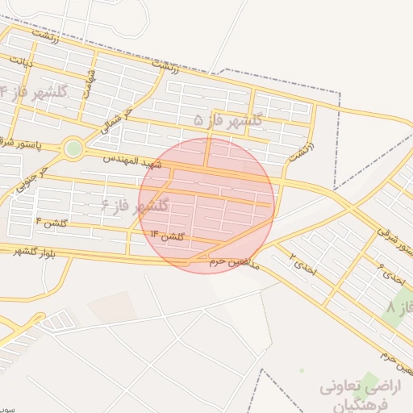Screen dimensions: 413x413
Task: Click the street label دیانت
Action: [21, 61]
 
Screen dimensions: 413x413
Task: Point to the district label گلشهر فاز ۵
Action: [228, 119]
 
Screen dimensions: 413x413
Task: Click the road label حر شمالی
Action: [115, 119]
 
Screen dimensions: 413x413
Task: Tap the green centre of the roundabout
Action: [73, 148]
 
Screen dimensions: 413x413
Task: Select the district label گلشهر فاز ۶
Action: [135, 206]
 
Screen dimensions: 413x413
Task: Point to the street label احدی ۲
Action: [304, 261]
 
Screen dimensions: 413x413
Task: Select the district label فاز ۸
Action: [398, 308]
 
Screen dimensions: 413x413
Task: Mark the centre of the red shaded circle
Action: [206, 206]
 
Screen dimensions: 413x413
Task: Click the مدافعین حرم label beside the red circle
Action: [234, 262]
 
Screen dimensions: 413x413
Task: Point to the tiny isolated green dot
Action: [302, 371]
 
